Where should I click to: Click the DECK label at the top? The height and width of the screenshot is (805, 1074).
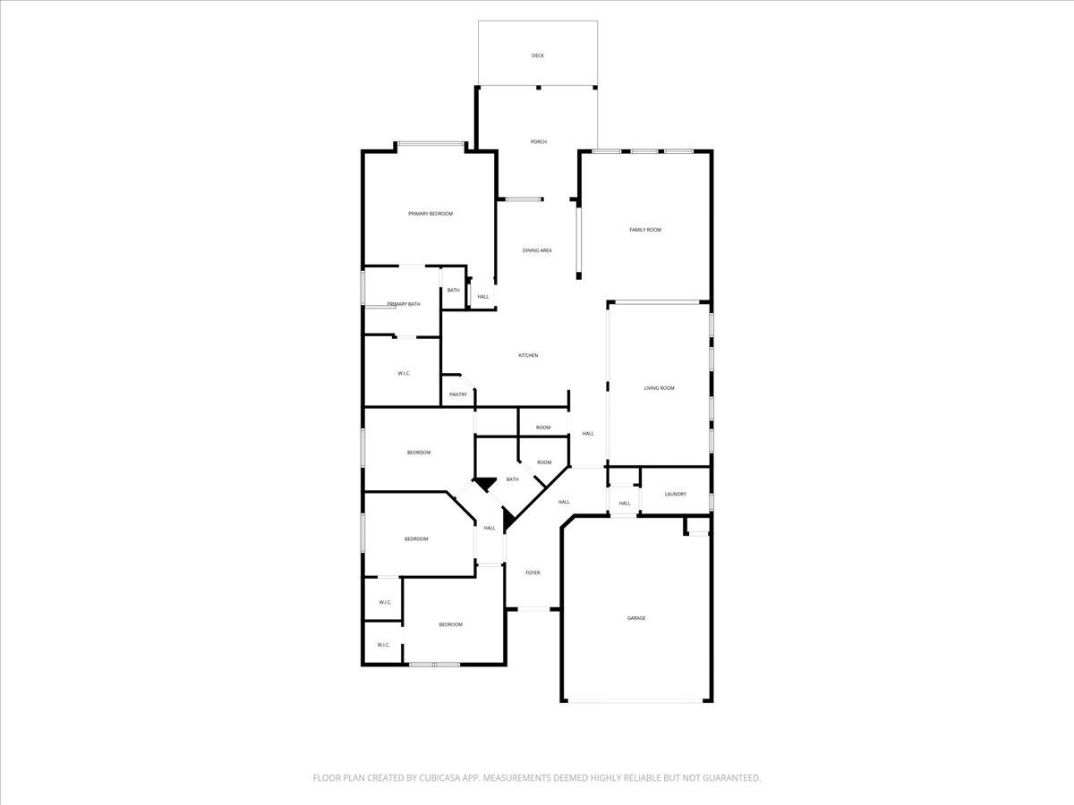537,55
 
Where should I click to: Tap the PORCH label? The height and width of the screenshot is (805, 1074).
538,141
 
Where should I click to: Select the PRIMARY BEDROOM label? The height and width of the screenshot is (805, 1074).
430,214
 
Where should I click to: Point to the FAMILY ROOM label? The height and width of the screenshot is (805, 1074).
644,230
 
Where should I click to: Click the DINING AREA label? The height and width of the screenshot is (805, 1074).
537,250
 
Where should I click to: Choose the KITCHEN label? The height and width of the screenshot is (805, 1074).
528,356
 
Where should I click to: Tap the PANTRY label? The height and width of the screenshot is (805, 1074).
458,394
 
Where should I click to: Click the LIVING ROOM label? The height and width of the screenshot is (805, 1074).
659,388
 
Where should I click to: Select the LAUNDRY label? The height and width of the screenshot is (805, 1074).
675,494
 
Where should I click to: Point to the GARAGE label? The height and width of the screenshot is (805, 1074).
635,618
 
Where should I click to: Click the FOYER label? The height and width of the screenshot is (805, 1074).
533,572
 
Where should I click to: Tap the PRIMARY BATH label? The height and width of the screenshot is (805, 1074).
404,304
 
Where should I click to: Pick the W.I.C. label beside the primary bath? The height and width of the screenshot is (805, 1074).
404,373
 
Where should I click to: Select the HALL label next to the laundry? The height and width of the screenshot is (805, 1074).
625,503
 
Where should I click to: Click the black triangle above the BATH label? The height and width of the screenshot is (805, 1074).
485,483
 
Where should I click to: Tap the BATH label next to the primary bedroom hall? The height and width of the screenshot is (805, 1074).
453,290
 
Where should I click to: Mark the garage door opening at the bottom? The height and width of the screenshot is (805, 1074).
636,700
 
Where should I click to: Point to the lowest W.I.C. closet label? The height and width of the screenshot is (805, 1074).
383,644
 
